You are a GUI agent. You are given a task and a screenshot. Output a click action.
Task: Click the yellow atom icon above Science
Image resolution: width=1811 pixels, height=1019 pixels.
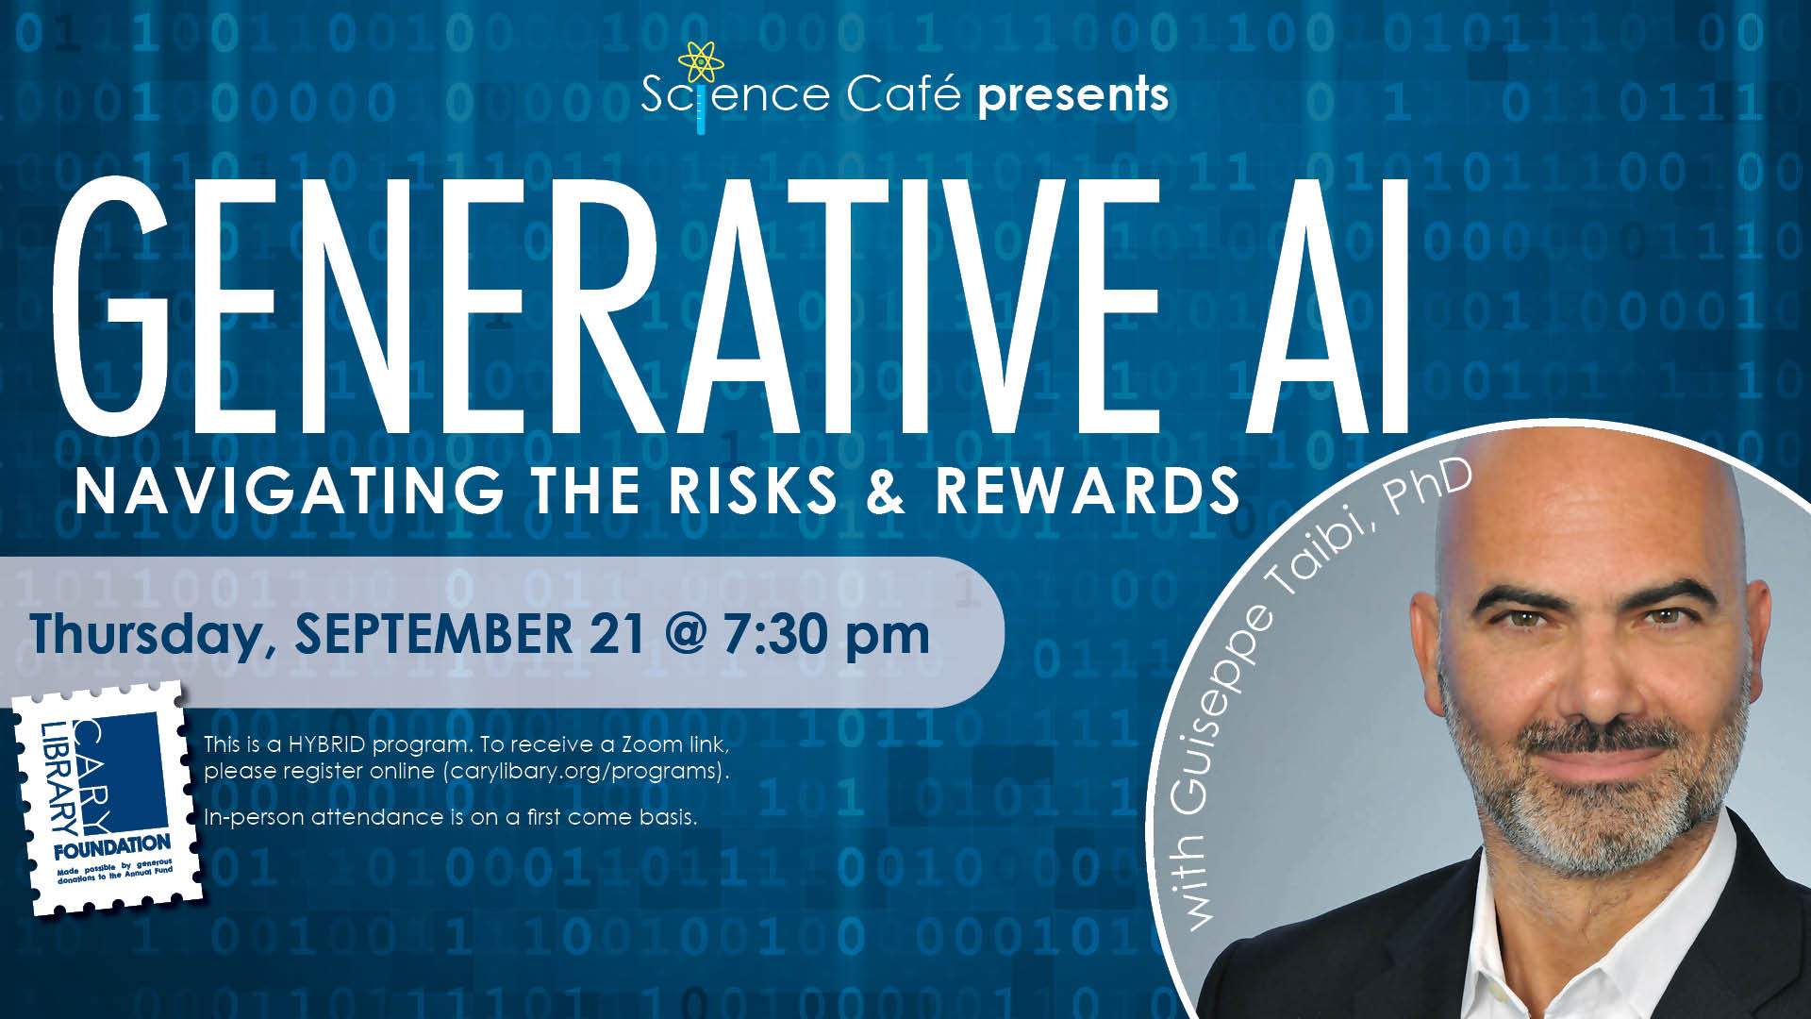(701, 61)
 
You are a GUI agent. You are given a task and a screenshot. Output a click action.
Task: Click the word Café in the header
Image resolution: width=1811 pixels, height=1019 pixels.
(903, 93)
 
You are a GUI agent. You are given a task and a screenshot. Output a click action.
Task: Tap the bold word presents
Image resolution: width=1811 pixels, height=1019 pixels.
(1073, 95)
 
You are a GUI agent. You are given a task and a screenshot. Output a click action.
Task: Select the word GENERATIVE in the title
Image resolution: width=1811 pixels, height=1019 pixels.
(605, 307)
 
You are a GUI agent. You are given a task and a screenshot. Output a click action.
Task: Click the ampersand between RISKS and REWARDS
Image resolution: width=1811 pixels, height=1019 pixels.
(885, 491)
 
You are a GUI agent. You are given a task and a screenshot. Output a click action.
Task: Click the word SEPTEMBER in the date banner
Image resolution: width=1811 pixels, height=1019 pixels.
(433, 633)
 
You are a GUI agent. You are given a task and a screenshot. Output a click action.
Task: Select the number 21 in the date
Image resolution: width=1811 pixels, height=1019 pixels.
(617, 633)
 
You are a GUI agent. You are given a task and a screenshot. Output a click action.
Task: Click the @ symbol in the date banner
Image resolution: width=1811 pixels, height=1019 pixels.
(684, 634)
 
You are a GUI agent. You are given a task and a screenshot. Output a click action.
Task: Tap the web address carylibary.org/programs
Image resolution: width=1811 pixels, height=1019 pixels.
(584, 771)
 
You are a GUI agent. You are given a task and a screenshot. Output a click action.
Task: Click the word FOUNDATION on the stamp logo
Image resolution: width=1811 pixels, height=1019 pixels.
(112, 845)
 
